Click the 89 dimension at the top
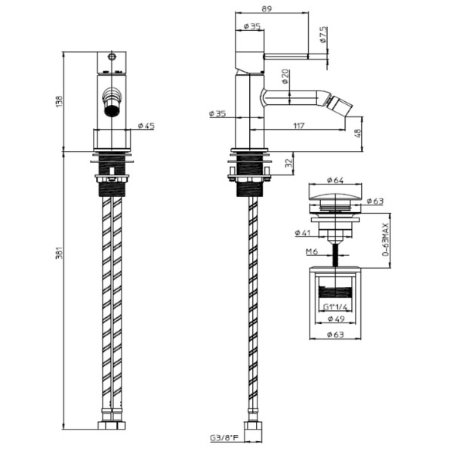(x=267, y=8)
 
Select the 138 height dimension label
(x=59, y=102)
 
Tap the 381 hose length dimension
(x=59, y=253)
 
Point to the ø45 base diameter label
(x=146, y=126)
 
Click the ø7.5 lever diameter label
(x=324, y=35)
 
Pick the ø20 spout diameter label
(x=285, y=76)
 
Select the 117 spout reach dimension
(x=299, y=126)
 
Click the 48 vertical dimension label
(x=358, y=133)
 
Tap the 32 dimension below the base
(x=288, y=163)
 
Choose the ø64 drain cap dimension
(x=335, y=180)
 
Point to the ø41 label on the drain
(x=303, y=233)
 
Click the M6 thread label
(x=312, y=252)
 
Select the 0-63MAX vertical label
(x=386, y=239)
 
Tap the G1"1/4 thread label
(x=334, y=307)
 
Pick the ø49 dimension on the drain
(x=336, y=319)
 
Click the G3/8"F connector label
(x=224, y=438)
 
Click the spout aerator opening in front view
(x=111, y=110)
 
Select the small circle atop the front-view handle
(x=112, y=57)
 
